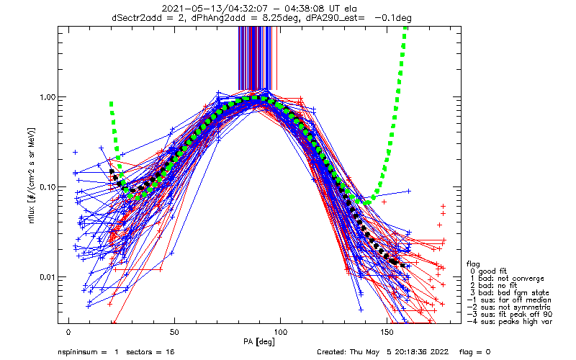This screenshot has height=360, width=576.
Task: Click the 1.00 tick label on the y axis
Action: [46, 97]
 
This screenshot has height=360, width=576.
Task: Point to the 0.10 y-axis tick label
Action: [46, 187]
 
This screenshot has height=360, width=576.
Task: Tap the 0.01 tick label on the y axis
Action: [46, 277]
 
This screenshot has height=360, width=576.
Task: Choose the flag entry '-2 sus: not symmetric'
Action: [508, 307]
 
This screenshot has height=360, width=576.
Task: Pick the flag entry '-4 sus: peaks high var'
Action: [508, 321]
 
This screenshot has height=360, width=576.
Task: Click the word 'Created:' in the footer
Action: [333, 352]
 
